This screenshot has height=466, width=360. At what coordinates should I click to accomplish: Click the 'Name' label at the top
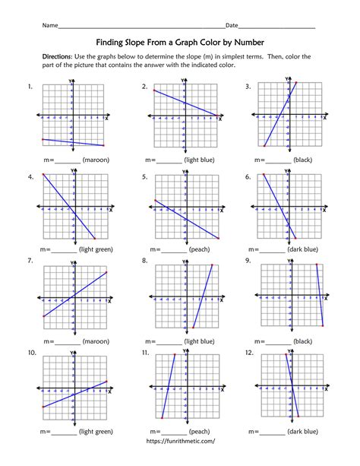pos(49,26)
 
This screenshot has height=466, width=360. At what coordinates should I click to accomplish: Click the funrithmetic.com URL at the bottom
pos(180,440)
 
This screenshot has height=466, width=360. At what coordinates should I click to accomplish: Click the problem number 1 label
pos(30,87)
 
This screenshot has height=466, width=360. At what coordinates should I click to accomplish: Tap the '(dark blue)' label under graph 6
pos(304,249)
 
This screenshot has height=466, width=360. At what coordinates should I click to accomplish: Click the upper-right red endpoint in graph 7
pos(107,273)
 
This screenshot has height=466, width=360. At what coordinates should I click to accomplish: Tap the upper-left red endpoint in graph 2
pos(154,91)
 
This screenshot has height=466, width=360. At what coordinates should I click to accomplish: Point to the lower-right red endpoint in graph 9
pos(323,326)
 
